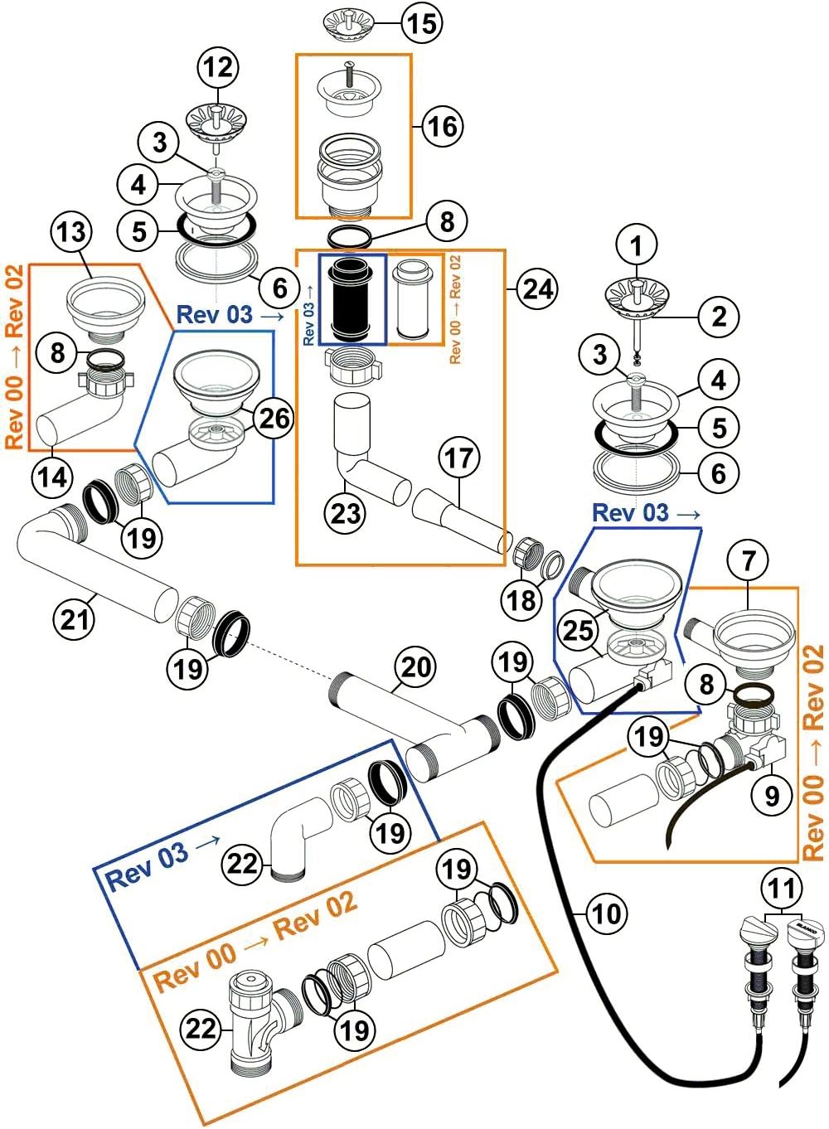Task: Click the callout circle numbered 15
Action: [x=421, y=22]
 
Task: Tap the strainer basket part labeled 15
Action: [x=347, y=23]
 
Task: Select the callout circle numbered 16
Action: [x=442, y=126]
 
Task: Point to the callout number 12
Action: [x=218, y=67]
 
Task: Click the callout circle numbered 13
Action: [x=71, y=231]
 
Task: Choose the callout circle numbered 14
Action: [x=52, y=477]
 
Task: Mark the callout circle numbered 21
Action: [x=75, y=618]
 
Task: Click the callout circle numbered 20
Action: [x=415, y=666]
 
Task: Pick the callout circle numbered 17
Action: [x=459, y=458]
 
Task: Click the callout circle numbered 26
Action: [x=274, y=419]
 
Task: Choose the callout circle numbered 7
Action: [x=749, y=560]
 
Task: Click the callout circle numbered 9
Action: [x=772, y=796]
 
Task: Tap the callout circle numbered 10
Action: [x=606, y=913]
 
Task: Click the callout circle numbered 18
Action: [x=521, y=599]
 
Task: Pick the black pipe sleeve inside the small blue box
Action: [x=352, y=299]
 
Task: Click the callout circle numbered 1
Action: [x=637, y=245]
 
